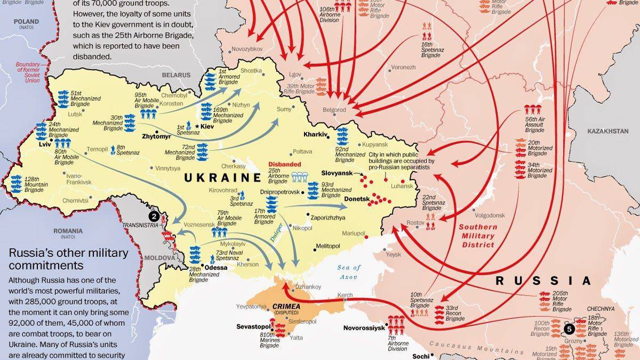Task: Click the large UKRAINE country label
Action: pyautogui.click(x=222, y=178)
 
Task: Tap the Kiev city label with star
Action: pyautogui.click(x=206, y=126)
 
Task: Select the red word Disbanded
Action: pyautogui.click(x=284, y=165)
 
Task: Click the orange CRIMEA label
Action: pyautogui.click(x=286, y=307)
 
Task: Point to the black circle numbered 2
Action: pyautogui.click(x=154, y=216)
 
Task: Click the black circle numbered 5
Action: pyautogui.click(x=570, y=330)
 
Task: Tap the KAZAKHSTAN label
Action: pyautogui.click(x=609, y=131)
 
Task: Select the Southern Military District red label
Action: pyautogui.click(x=478, y=236)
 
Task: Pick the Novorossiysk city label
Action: pyautogui.click(x=364, y=328)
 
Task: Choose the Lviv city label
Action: pyautogui.click(x=44, y=144)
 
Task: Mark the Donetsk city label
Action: pyautogui.click(x=357, y=198)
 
